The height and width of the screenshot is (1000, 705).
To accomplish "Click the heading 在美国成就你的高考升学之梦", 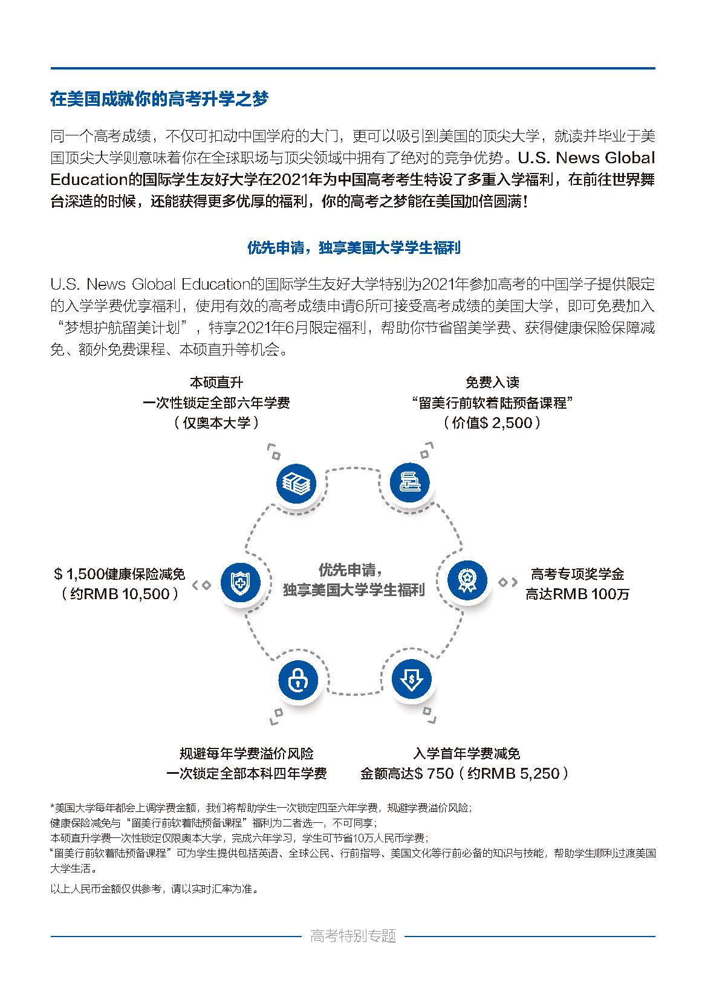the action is pyautogui.click(x=159, y=99).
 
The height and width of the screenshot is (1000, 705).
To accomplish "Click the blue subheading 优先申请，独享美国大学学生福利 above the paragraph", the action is pyautogui.click(x=354, y=247).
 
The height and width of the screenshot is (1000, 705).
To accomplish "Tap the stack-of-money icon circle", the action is pyautogui.click(x=296, y=484).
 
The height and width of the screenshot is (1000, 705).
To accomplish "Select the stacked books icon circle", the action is pyautogui.click(x=409, y=482).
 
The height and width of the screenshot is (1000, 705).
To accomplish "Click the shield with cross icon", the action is pyautogui.click(x=240, y=582).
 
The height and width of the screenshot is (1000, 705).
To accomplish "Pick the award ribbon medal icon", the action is pyautogui.click(x=467, y=580).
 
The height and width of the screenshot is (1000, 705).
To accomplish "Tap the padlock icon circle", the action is pyautogui.click(x=298, y=680).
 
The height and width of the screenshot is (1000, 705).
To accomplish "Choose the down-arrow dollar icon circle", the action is pyautogui.click(x=411, y=678).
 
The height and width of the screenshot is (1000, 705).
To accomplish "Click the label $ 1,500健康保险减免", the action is pyautogui.click(x=119, y=574).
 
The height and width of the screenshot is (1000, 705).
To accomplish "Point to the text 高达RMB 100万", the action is pyautogui.click(x=577, y=594).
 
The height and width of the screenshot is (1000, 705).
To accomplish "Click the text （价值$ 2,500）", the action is pyautogui.click(x=492, y=423).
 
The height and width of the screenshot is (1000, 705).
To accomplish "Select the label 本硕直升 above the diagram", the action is pyautogui.click(x=216, y=383).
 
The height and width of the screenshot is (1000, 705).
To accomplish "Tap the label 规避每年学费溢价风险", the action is pyautogui.click(x=247, y=753).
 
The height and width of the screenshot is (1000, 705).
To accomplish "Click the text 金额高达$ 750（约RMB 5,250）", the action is pyautogui.click(x=465, y=773).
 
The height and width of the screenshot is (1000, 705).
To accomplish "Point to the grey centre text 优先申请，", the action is pyautogui.click(x=351, y=570).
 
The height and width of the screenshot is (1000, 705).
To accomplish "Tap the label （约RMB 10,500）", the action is pyautogui.click(x=120, y=594).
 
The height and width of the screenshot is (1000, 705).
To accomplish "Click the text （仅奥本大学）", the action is pyautogui.click(x=216, y=423).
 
